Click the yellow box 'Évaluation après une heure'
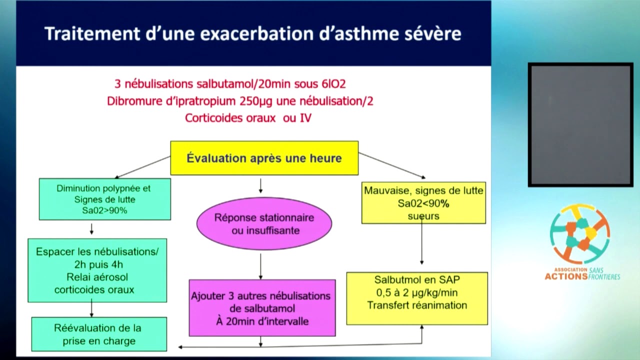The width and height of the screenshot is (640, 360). [x=264, y=158]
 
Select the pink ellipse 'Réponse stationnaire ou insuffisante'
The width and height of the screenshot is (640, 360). [x=264, y=223]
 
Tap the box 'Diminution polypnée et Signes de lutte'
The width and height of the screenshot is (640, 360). [x=104, y=199]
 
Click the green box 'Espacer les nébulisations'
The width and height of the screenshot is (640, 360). [x=97, y=270]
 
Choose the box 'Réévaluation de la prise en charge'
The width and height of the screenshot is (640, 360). [x=98, y=334]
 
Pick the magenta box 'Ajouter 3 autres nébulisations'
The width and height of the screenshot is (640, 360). [x=262, y=307]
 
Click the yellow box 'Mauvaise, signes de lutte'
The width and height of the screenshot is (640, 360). [x=423, y=202]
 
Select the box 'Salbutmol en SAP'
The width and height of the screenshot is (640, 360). [x=416, y=298]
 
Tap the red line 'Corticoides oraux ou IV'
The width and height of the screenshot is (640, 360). [x=248, y=118]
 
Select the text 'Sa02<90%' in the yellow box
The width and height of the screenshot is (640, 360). [x=423, y=203]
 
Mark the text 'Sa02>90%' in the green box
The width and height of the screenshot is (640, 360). [x=104, y=210]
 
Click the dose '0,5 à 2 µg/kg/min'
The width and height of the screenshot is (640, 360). [x=416, y=292]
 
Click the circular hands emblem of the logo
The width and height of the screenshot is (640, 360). [x=579, y=233]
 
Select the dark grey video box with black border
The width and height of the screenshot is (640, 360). [x=580, y=124]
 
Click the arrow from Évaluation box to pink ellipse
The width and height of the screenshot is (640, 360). [x=260, y=185]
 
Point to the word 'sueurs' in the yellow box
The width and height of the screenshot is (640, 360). [x=423, y=216]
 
